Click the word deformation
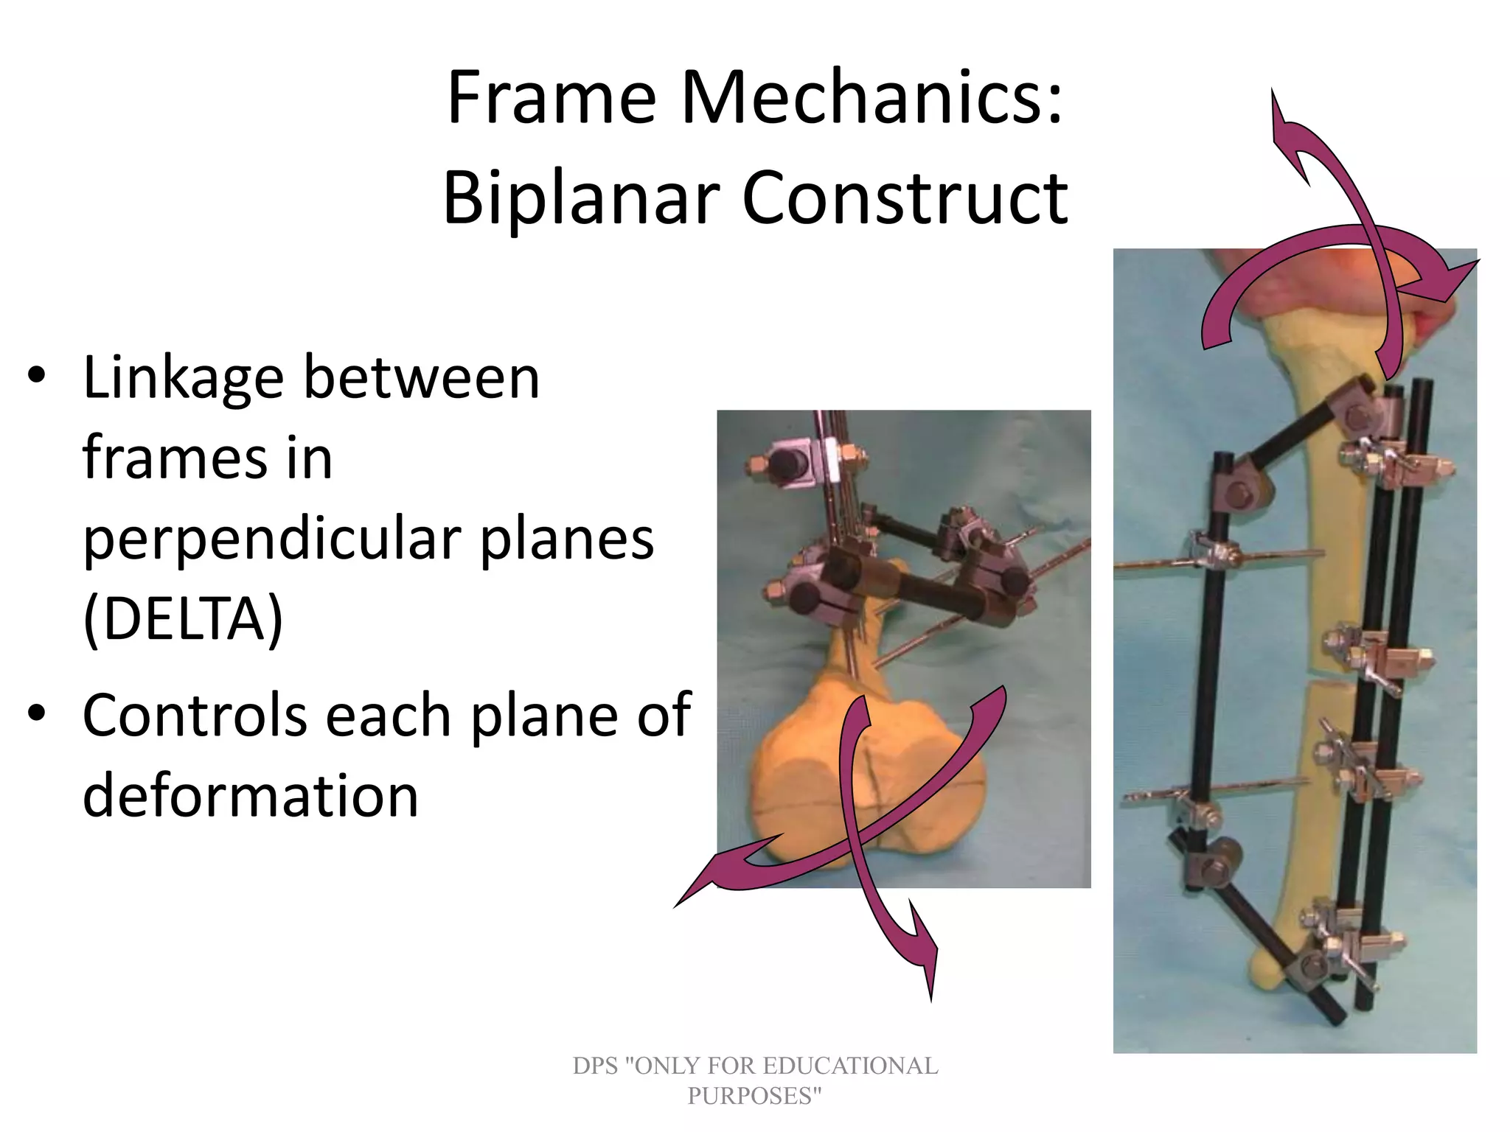point(251,796)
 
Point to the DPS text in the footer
point(595,1066)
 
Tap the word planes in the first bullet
point(567,539)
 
